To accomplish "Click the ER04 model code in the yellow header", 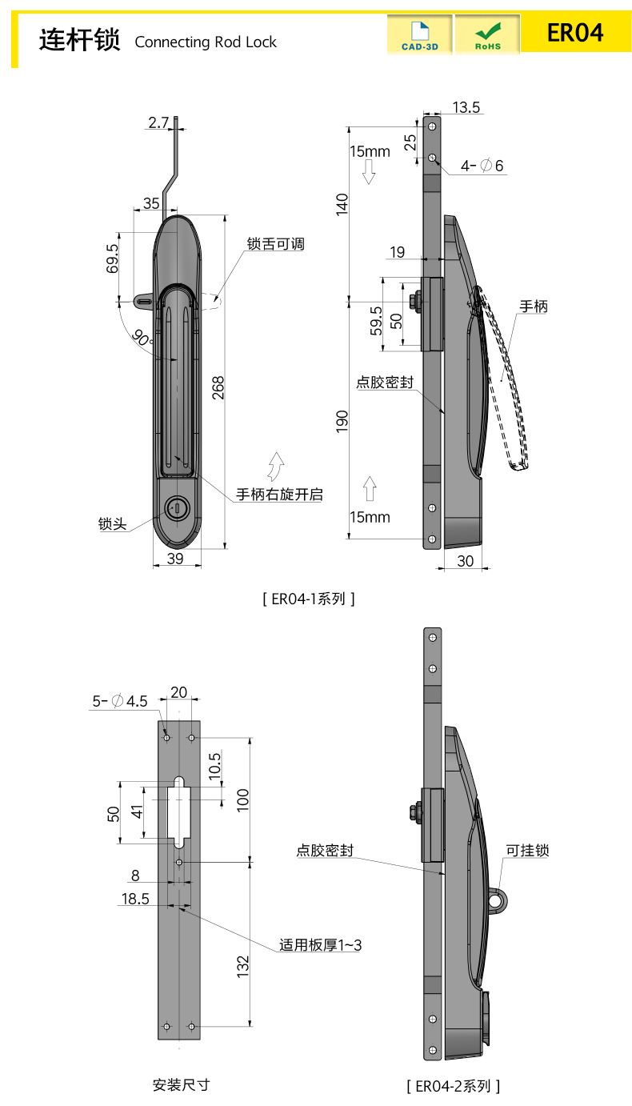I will (x=574, y=33).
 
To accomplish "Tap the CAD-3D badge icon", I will (x=419, y=35).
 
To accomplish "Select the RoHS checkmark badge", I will (x=487, y=35).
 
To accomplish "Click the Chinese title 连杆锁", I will (x=79, y=39).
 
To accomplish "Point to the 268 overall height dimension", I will (x=218, y=387).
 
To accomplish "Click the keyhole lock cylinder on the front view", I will (x=176, y=507).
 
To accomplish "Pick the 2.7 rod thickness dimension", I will (x=158, y=122).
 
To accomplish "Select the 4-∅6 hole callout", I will (x=482, y=166).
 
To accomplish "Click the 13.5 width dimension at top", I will (x=466, y=107).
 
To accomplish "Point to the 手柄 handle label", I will (x=534, y=306).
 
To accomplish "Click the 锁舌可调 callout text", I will (x=275, y=244).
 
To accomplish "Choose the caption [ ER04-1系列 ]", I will (x=308, y=598).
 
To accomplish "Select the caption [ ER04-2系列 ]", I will (x=454, y=1086).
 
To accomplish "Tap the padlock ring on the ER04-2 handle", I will (x=498, y=901).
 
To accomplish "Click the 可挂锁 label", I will (x=527, y=850).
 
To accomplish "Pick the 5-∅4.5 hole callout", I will (x=120, y=701).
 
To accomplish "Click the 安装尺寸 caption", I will (x=181, y=1085).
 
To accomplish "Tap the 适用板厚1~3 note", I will (x=320, y=945).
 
